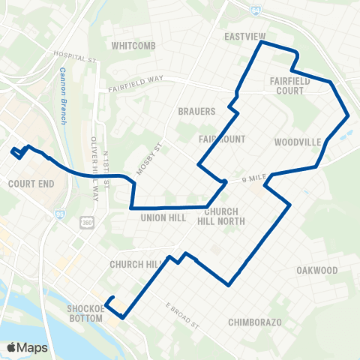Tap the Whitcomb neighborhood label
132,45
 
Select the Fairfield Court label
287,84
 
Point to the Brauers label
196,111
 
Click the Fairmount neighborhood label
217,139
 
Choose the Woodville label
297,142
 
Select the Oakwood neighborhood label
316,270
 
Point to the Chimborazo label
254,322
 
